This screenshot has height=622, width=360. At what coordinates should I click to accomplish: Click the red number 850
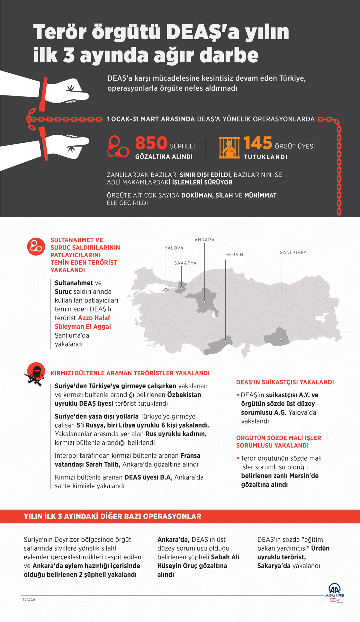click(x=151, y=143)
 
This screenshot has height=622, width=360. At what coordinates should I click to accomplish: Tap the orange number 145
click(x=258, y=143)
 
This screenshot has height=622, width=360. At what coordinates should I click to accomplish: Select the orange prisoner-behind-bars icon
click(x=229, y=148)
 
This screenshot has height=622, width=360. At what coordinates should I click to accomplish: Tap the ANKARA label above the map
click(x=204, y=240)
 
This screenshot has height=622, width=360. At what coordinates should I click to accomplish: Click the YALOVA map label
click(x=174, y=248)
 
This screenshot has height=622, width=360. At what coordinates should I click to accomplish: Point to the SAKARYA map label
click(x=185, y=263)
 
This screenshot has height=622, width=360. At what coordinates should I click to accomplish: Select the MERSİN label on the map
click(x=234, y=255)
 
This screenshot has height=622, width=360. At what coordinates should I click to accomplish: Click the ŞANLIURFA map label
click(x=293, y=252)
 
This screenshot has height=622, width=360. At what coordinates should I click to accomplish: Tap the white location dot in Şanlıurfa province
click(x=281, y=339)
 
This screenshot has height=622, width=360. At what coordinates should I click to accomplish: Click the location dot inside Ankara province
click(x=204, y=302)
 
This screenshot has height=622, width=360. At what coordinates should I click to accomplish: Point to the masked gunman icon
click(x=35, y=374)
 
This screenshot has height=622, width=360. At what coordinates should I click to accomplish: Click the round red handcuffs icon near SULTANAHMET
click(x=36, y=247)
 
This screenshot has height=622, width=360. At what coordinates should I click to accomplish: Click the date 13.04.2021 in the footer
click(x=28, y=599)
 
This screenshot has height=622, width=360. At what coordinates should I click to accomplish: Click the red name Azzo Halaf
click(x=94, y=318)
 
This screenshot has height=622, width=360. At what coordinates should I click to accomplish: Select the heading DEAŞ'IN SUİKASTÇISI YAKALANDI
click(x=285, y=382)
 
